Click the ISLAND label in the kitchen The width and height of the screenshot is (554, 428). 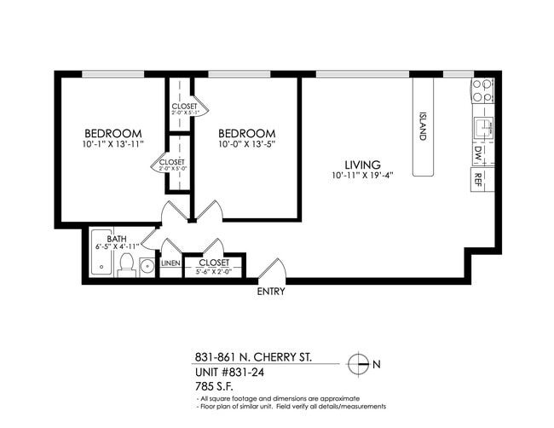point(422,126)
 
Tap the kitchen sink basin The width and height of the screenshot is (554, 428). point(482,127)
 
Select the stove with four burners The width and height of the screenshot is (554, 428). point(482,91)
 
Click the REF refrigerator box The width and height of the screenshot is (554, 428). point(478,179)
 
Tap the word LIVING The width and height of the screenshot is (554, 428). point(362,165)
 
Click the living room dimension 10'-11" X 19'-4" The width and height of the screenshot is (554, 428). point(362,176)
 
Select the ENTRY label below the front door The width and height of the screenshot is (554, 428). point(271,292)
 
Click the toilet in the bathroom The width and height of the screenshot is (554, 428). point(126,268)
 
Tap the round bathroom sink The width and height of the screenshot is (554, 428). point(147,266)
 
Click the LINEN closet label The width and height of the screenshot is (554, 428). point(170,263)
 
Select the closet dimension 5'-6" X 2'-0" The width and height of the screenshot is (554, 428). point(214,271)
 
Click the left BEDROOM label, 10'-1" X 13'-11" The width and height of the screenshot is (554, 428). point(113,134)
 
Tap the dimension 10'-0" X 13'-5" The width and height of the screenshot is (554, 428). point(246,144)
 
